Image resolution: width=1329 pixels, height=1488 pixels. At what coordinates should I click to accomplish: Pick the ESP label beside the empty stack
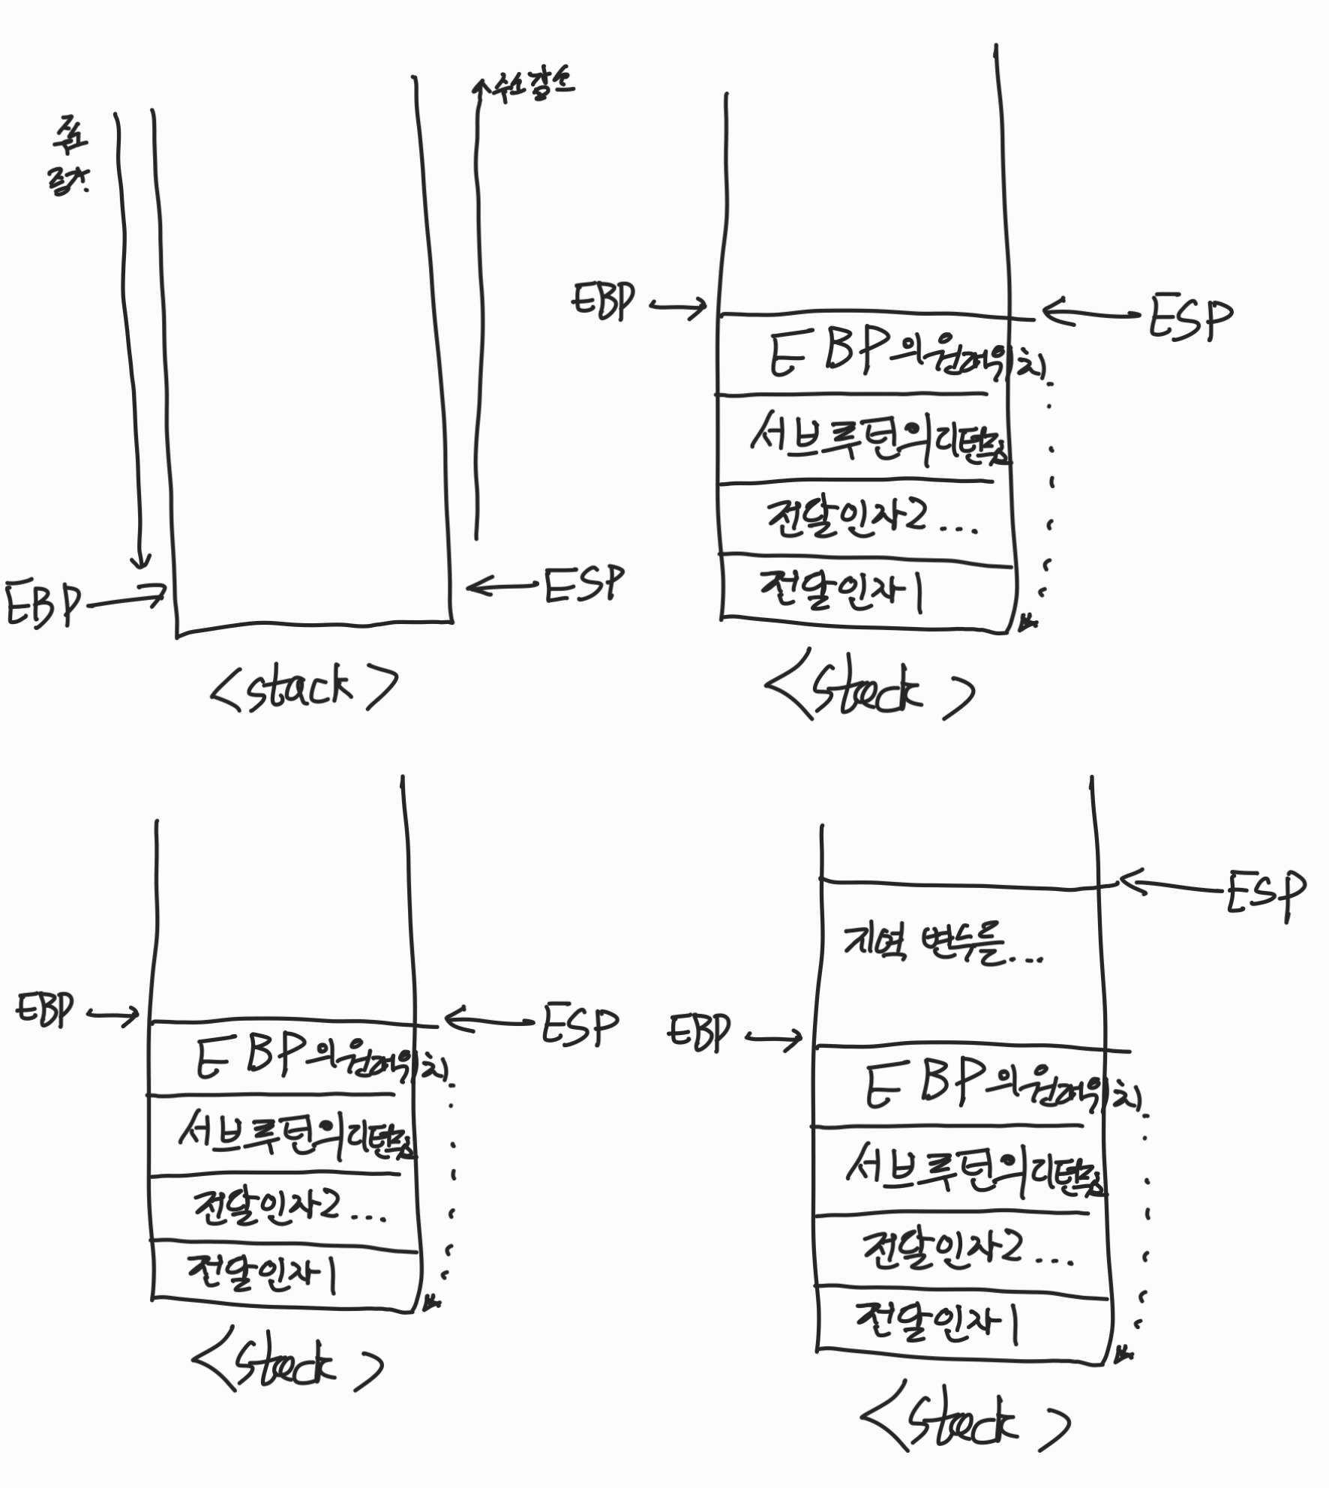pos(584,586)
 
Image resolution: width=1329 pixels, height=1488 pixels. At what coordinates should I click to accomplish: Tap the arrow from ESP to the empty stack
pos(502,586)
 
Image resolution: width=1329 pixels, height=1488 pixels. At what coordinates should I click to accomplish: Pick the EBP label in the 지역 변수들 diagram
pos(698,1033)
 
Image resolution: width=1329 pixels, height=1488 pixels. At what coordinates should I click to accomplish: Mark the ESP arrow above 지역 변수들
pos(1170,885)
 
